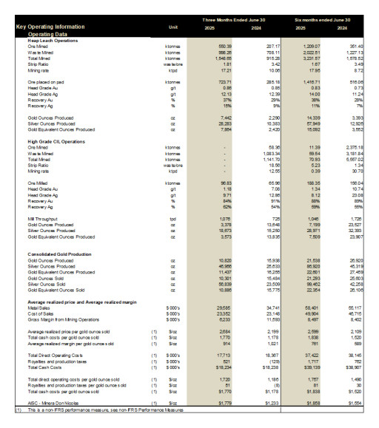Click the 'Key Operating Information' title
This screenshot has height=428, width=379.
[x=50, y=27]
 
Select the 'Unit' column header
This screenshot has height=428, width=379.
[x=173, y=27]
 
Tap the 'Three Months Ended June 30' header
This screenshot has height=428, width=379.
[x=232, y=19]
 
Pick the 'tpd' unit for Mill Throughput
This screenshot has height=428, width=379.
[x=173, y=219]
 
